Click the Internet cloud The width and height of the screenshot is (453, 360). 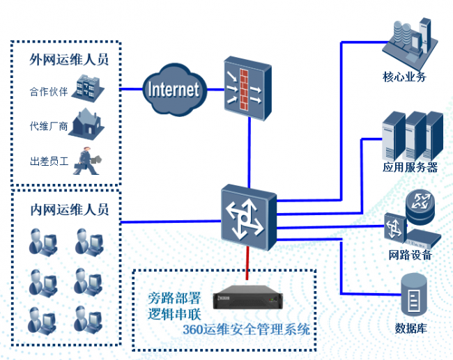pos(174,88)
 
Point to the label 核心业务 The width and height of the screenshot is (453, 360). pos(404,77)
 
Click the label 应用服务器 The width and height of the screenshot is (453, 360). pos(410,167)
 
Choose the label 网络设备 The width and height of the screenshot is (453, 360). pos(410,255)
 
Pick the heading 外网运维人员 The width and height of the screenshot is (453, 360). pos(68,59)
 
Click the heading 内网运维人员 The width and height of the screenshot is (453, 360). pos(68,210)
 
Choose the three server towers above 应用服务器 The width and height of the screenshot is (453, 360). pos(413,135)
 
